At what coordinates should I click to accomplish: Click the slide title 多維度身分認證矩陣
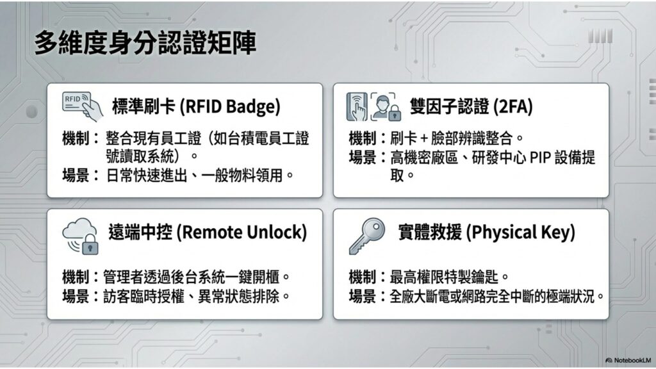145,43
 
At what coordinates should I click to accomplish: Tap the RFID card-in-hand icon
83,106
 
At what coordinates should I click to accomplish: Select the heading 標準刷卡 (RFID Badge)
196,106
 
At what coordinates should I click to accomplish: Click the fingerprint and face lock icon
373,107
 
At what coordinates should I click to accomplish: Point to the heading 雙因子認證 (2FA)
471,106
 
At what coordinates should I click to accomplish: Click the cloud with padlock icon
81,236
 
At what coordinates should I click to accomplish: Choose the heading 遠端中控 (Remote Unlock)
208,232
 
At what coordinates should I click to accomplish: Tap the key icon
367,236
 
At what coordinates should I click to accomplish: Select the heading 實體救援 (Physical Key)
487,232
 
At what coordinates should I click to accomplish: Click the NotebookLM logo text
628,360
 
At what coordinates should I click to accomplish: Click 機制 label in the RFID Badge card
76,138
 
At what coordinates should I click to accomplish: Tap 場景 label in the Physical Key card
363,297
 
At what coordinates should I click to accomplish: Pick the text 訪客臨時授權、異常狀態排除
191,297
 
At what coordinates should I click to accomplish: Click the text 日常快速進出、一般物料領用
195,176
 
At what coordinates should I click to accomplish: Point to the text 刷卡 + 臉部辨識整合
452,138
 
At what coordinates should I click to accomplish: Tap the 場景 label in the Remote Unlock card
76,297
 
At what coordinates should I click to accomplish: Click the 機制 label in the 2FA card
363,138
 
